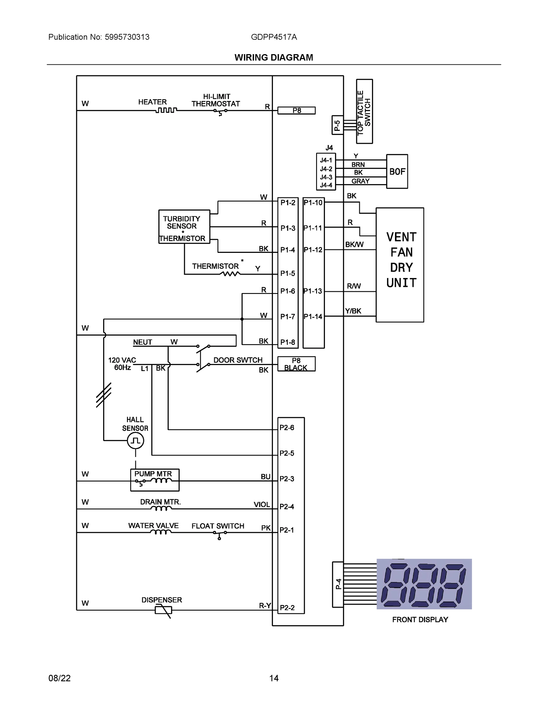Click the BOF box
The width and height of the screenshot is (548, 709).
point(397,171)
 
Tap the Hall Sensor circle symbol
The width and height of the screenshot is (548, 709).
point(135,440)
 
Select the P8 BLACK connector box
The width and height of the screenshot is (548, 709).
point(296,364)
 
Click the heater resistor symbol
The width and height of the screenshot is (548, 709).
point(166,110)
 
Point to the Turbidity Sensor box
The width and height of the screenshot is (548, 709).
point(184,227)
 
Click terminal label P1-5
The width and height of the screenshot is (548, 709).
point(288,273)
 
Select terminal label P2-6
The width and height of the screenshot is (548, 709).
point(287,427)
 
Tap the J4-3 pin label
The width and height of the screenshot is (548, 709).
point(326,177)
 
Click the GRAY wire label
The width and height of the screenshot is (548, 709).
point(360,181)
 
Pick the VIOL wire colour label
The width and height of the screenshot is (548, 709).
point(262,505)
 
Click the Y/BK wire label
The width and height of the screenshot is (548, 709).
point(353,311)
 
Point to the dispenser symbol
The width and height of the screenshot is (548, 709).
point(163,610)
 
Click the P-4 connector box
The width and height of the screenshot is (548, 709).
point(338,584)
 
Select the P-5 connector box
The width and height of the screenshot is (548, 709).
point(337,125)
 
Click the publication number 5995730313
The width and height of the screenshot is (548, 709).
point(127,37)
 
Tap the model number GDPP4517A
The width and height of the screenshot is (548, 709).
point(274,37)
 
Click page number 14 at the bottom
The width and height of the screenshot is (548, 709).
point(274,678)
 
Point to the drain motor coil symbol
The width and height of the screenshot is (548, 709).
point(161,508)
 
